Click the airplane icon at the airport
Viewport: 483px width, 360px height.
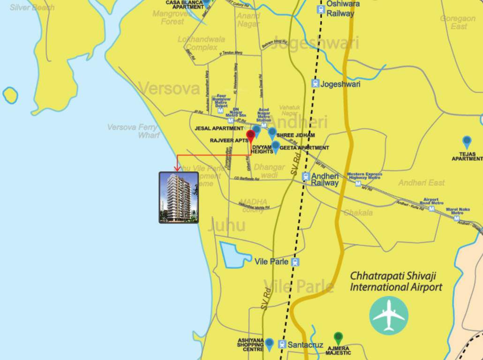click(389, 315)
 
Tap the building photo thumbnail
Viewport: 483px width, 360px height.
click(178, 197)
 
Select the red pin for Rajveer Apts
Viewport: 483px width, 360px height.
click(250, 136)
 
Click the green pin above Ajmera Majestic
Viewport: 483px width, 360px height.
click(338, 337)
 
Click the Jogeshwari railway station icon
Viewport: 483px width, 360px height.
click(316, 84)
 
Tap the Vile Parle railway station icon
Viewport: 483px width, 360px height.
click(295, 262)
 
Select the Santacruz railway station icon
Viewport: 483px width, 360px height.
click(281, 345)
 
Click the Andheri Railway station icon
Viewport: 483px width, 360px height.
click(306, 177)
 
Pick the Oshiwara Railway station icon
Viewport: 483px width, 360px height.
click(320, 9)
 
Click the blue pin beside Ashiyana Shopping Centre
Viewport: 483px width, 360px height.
click(269, 344)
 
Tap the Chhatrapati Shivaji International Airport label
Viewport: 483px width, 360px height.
click(396, 281)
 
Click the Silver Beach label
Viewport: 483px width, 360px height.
click(32, 7)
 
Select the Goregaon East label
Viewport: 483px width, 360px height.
click(457, 22)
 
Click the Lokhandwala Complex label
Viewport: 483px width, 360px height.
click(201, 43)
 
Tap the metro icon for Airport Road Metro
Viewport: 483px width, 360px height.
click(432, 209)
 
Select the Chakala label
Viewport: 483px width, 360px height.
click(358, 213)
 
